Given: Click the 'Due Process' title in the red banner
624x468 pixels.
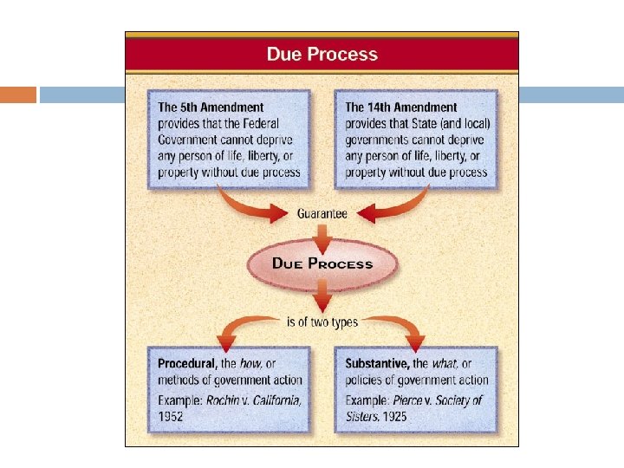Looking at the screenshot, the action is [322, 54].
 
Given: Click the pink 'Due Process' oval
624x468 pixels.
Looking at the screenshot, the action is [322, 263].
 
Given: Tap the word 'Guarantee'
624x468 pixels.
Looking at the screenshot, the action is [322, 212].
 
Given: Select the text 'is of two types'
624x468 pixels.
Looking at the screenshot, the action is [322, 322].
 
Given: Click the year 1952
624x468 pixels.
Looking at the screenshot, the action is [172, 416].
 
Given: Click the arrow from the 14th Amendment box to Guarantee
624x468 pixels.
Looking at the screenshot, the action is [394, 205].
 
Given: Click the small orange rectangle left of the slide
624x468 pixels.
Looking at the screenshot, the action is [18, 94].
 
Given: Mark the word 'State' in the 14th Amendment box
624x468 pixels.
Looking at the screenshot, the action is [422, 124].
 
